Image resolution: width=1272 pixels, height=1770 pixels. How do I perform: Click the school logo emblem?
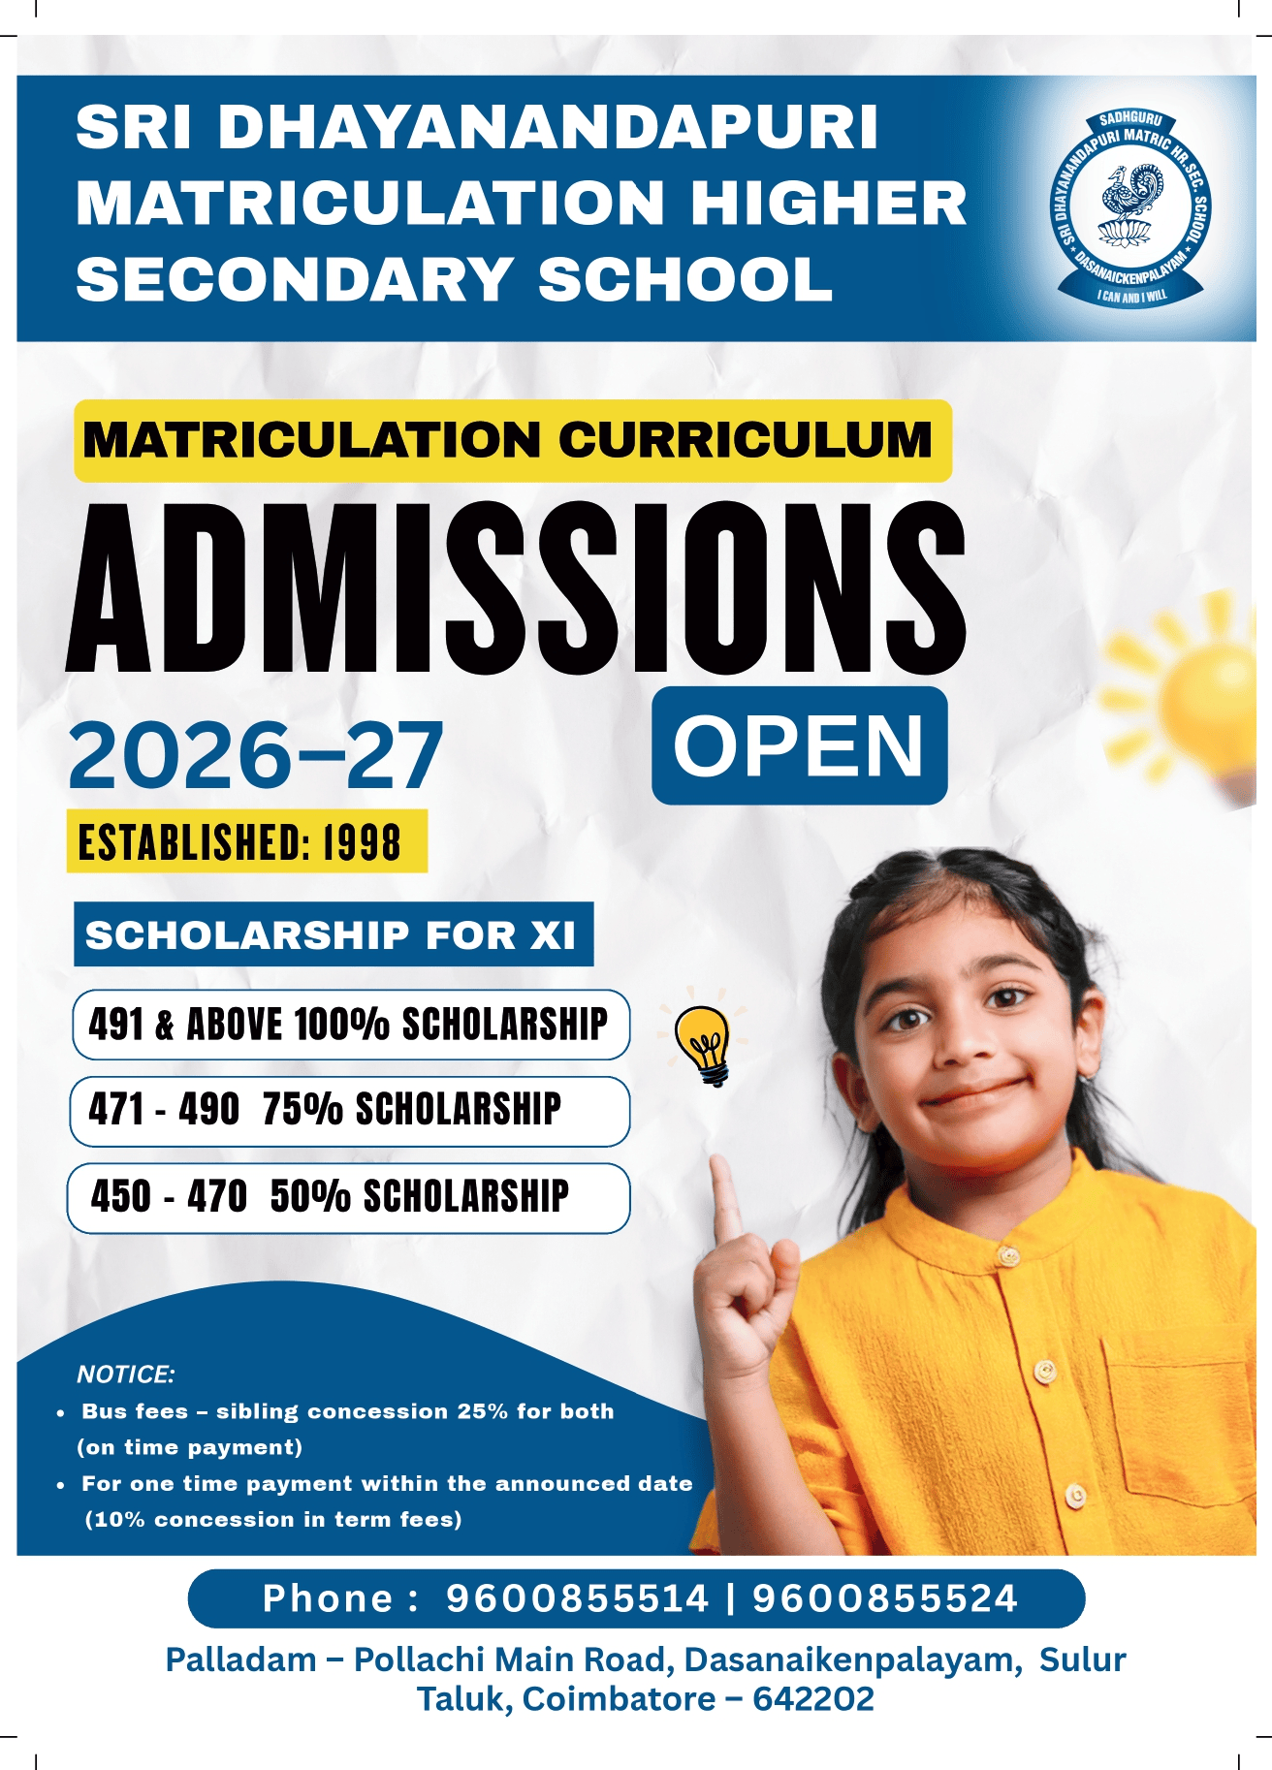(x=1130, y=209)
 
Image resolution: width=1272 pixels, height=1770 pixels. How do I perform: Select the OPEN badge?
(x=799, y=745)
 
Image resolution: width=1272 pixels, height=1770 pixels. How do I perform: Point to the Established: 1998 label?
(x=246, y=841)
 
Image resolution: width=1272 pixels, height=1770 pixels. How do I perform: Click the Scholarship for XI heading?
(x=333, y=934)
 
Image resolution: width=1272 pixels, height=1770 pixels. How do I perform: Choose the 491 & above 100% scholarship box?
(x=350, y=1025)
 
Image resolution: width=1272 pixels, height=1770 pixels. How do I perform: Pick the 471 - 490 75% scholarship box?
(x=349, y=1111)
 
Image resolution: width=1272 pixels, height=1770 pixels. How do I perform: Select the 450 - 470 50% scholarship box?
(x=348, y=1197)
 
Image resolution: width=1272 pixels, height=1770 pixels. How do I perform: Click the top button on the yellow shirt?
(x=1009, y=1256)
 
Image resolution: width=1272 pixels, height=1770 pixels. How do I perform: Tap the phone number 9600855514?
(x=577, y=1598)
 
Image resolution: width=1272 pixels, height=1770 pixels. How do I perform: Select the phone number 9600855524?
(x=885, y=1598)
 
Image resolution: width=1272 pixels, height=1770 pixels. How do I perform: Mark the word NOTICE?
(x=125, y=1375)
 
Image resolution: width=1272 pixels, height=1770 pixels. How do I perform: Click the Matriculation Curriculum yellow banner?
(x=513, y=440)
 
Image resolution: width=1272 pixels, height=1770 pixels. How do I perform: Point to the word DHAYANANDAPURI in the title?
(x=548, y=128)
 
